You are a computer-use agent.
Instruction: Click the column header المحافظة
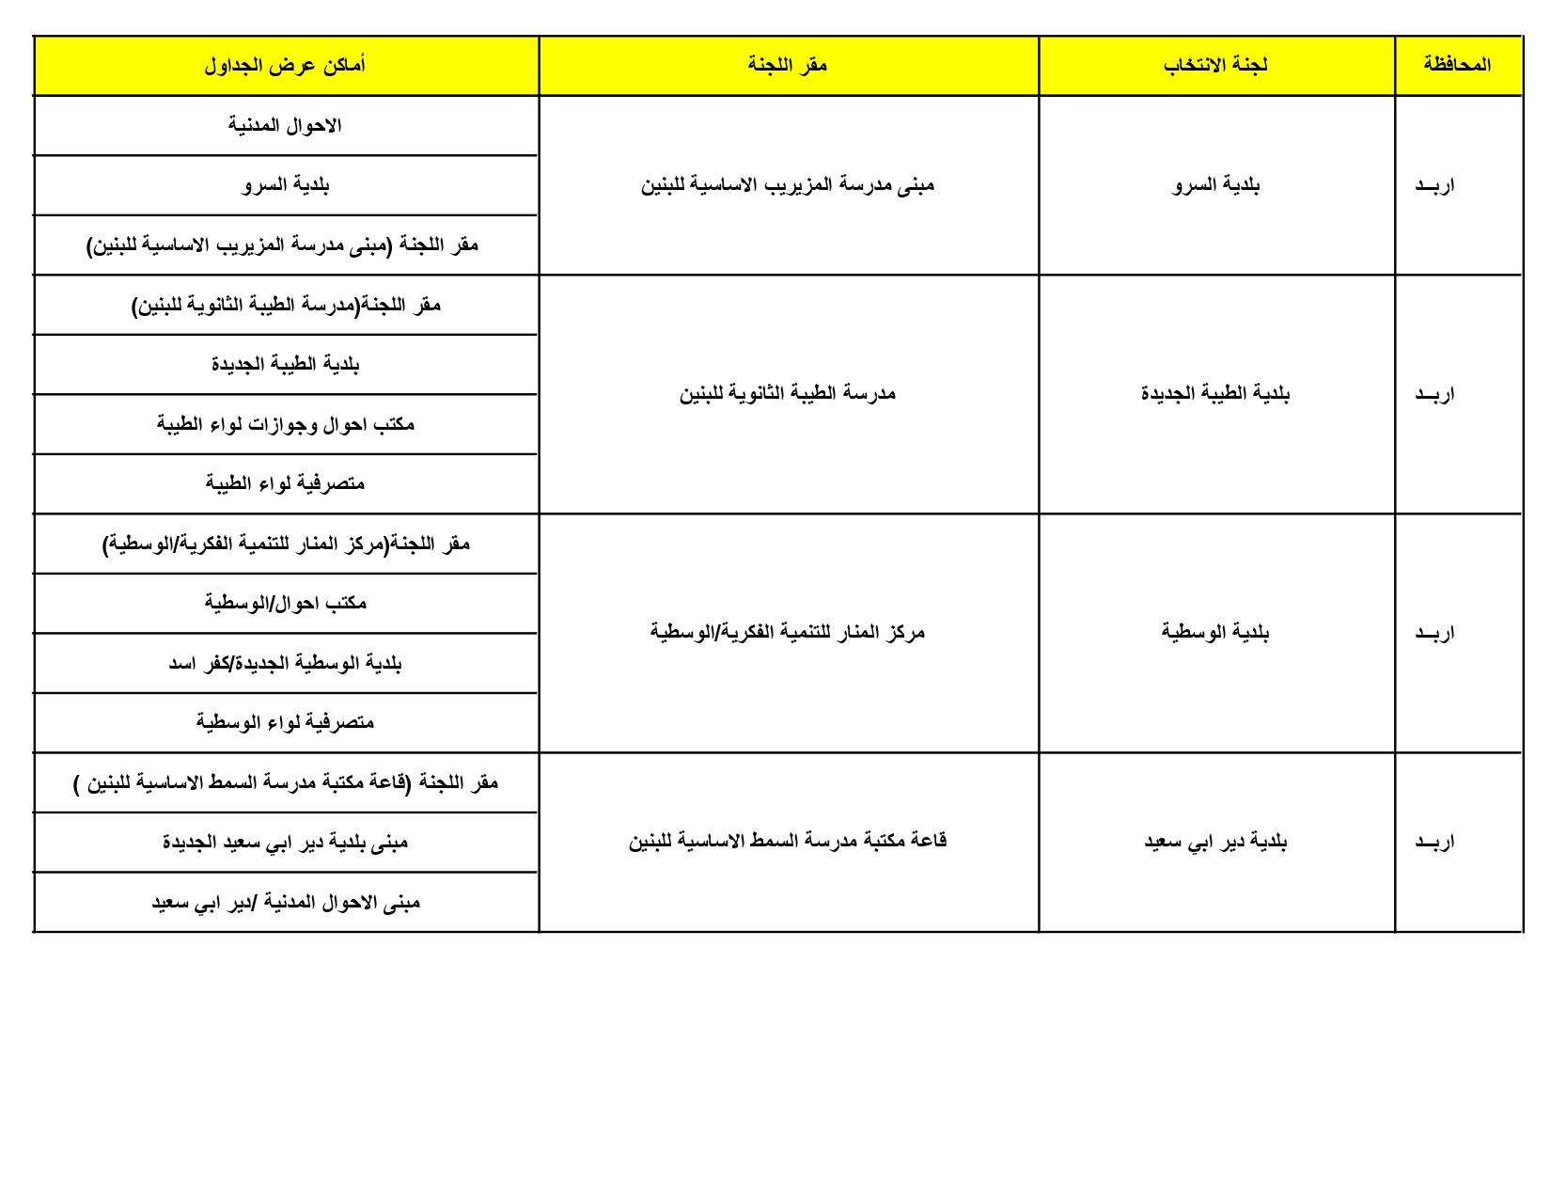click(1457, 65)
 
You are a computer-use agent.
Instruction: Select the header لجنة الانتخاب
click(1215, 65)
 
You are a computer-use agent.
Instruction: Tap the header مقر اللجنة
click(788, 65)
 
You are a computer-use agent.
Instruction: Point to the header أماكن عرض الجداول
click(285, 66)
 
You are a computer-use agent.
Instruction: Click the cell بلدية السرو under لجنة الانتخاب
click(1215, 185)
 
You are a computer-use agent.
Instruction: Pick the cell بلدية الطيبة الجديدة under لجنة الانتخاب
click(1215, 393)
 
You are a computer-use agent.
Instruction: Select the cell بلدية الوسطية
click(1215, 632)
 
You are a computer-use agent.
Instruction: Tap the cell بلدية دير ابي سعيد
click(1215, 842)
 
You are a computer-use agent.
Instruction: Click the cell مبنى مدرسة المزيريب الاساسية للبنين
click(788, 185)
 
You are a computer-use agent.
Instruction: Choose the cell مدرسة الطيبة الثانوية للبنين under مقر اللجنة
click(788, 393)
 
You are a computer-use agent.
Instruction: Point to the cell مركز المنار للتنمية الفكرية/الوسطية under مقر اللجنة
click(788, 632)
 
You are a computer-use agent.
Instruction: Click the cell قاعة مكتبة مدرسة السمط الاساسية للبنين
click(788, 841)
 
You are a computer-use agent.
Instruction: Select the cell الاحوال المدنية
click(285, 126)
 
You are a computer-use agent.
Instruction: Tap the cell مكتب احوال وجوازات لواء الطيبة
click(285, 424)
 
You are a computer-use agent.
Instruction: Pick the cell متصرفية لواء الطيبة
click(285, 483)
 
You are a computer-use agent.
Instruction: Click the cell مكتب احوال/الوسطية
click(285, 603)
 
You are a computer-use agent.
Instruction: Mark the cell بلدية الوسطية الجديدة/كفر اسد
click(285, 663)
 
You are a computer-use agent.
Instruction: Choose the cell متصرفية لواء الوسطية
click(285, 722)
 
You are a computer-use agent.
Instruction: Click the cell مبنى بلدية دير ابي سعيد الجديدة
click(285, 843)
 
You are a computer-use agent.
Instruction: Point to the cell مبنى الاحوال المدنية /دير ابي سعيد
click(285, 903)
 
